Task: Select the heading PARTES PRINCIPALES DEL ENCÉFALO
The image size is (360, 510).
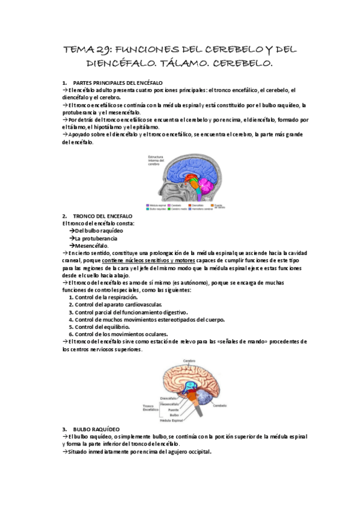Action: point(117,82)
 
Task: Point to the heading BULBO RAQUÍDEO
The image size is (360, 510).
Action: point(97,429)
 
